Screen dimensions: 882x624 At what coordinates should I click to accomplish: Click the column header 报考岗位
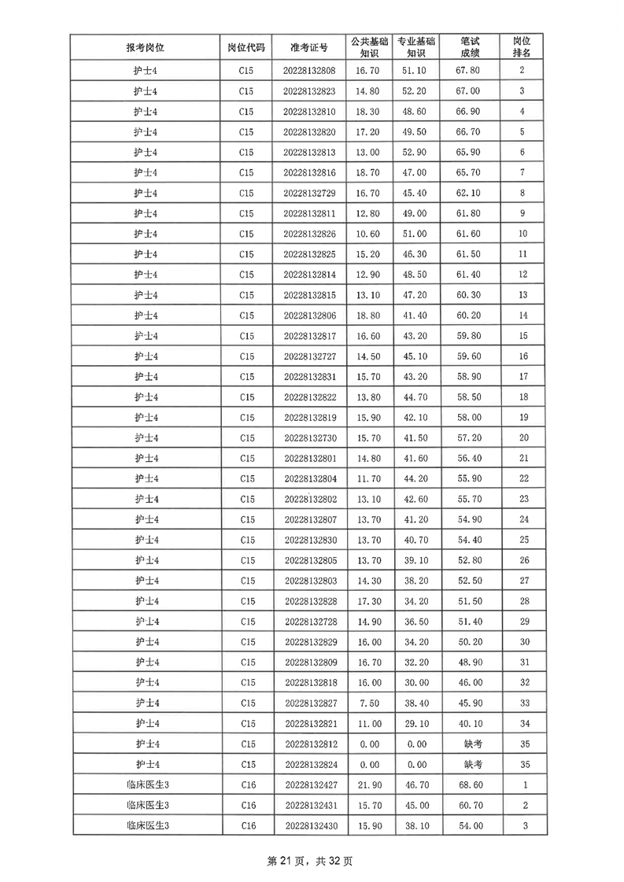[146, 47]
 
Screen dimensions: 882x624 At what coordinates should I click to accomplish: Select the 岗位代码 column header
[246, 47]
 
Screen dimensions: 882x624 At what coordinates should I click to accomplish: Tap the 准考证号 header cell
[309, 47]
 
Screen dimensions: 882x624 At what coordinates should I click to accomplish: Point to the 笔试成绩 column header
[471, 47]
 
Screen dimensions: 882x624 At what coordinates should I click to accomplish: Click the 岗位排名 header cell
[522, 47]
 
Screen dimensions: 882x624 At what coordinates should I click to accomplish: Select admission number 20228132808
[309, 71]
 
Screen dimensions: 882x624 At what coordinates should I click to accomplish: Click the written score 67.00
[471, 91]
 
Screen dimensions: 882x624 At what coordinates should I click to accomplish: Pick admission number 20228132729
[309, 193]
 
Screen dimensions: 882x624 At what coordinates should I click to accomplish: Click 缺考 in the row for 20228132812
[471, 744]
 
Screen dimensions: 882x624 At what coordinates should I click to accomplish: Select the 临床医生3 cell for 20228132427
[146, 784]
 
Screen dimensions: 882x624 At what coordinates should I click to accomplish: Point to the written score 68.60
[471, 784]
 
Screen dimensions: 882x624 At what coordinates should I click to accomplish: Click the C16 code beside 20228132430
[246, 825]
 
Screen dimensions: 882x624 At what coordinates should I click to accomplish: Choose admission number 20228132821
[309, 723]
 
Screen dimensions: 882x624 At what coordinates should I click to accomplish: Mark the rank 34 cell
[522, 723]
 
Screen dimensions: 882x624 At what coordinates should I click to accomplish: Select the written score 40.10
[471, 723]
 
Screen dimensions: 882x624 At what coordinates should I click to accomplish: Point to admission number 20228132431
[309, 805]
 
